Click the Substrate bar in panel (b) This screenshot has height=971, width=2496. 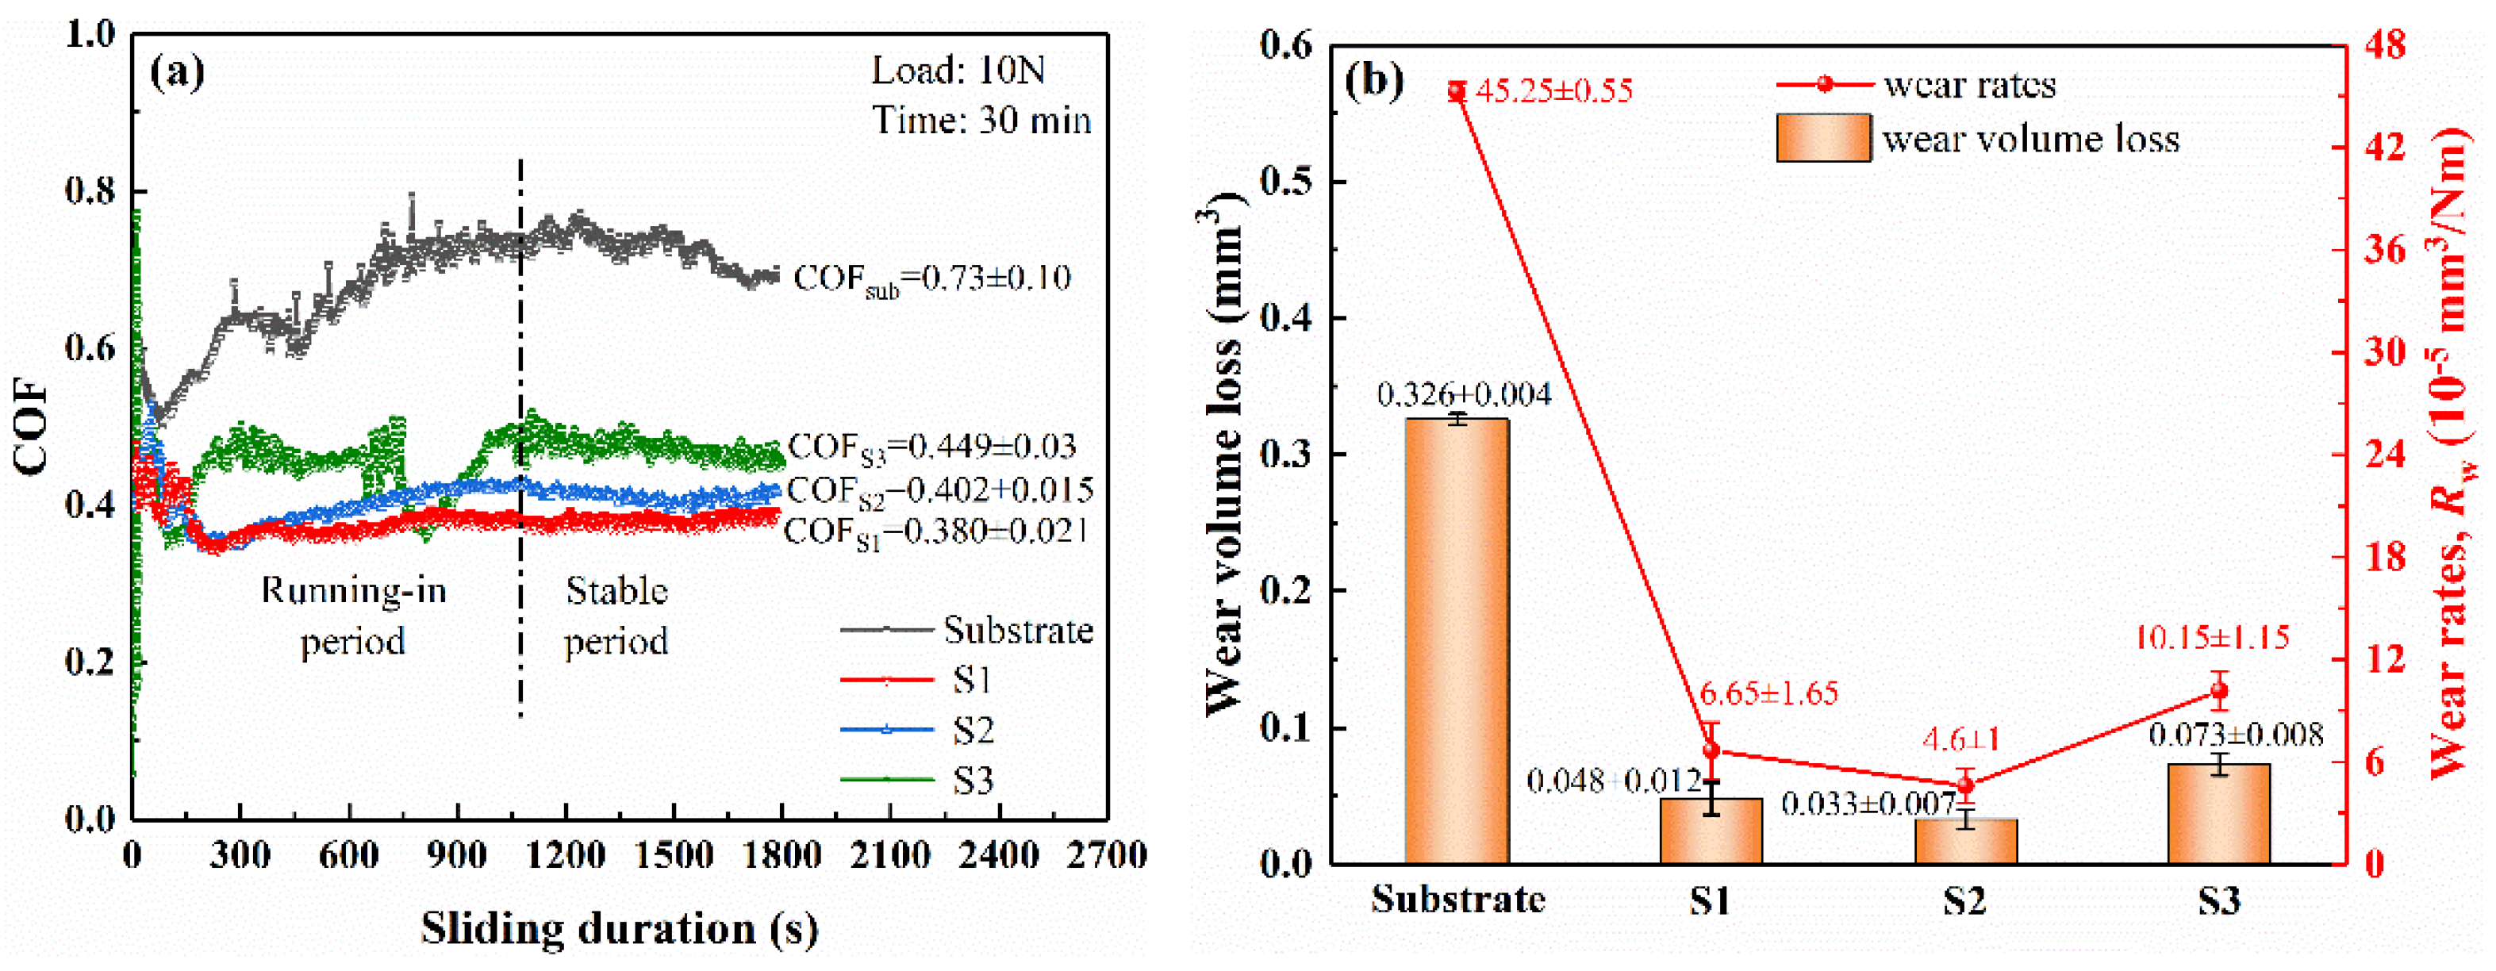click(1457, 639)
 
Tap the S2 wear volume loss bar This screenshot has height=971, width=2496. click(1965, 841)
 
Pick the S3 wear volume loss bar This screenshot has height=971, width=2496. click(2219, 814)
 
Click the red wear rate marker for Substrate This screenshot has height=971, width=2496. click(1457, 92)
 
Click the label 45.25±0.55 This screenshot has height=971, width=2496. click(1553, 91)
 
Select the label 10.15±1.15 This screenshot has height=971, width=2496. click(2212, 638)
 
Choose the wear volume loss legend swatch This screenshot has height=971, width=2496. click(1822, 137)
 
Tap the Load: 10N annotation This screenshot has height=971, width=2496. click(958, 70)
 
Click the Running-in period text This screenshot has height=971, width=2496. click(354, 616)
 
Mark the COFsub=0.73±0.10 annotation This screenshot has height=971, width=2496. click(931, 279)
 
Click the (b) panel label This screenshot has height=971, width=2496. click(1374, 79)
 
